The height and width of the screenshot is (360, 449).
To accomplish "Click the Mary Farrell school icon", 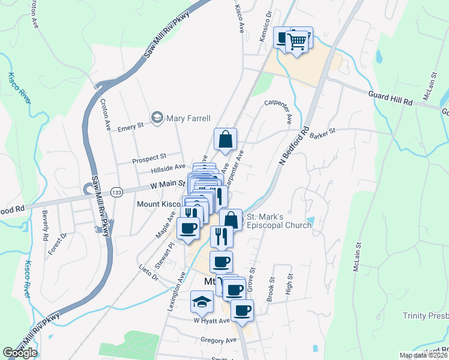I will pos(157,117).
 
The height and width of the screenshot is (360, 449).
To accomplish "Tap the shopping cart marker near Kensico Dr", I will pos(297,41).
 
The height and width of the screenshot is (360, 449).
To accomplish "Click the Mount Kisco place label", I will pos(153,205).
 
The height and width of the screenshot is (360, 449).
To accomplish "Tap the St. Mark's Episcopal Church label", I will pos(277,220).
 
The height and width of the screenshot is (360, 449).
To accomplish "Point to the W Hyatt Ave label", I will pos(211,320).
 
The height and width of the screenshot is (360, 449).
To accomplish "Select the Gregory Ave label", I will pos(218,340).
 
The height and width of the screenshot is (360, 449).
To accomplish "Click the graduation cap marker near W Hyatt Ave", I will pos(202,302).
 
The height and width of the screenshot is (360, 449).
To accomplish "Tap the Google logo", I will pos(19,353).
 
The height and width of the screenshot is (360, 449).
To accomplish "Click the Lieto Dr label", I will pos(147,274).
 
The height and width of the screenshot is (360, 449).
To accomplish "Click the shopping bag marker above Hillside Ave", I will pos(225,139).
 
